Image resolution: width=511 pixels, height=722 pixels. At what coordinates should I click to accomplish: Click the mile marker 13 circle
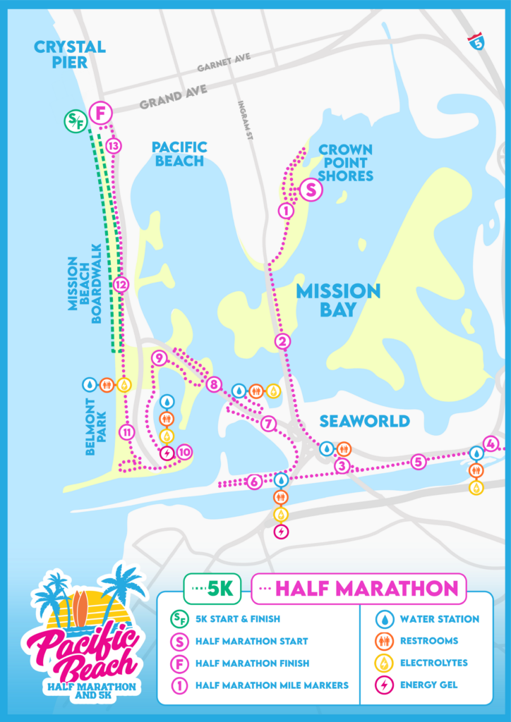(x=113, y=146)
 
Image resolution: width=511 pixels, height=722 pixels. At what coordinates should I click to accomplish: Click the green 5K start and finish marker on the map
(x=75, y=121)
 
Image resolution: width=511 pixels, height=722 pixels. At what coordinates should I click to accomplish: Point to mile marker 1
(x=286, y=210)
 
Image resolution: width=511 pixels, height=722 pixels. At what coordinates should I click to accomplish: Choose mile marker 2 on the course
(x=283, y=342)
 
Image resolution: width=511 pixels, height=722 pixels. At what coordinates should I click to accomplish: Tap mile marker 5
(x=419, y=462)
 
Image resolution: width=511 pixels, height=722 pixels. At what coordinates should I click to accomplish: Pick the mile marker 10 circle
(x=184, y=452)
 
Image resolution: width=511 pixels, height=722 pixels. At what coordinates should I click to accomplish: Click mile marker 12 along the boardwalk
(x=121, y=285)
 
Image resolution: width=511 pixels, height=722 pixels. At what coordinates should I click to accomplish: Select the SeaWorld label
(x=364, y=421)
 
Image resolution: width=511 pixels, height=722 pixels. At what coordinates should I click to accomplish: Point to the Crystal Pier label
(x=70, y=55)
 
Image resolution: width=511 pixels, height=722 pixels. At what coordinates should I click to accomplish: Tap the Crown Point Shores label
(x=345, y=162)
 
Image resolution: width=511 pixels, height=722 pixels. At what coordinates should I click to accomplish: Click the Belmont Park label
(x=95, y=427)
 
